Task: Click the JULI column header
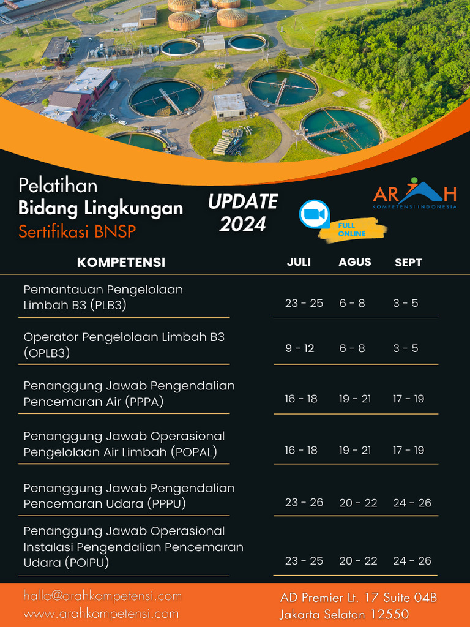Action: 299,262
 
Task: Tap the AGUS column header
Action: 355,262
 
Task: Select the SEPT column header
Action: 408,263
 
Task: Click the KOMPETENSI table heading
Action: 121,263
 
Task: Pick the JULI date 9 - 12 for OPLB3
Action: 299,348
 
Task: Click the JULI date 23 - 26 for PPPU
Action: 304,503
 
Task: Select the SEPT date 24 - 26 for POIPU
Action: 412,561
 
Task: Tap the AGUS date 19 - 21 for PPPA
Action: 355,399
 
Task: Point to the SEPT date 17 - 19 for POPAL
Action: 408,450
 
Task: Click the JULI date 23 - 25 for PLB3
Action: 304,303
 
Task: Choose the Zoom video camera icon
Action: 314,214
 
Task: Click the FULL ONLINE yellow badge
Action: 355,230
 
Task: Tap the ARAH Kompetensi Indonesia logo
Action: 414,193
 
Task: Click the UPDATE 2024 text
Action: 243,212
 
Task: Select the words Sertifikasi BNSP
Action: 77,232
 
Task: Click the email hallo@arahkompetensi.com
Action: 103,596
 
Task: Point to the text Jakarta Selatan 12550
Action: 345,614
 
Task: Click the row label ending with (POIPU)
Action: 133,547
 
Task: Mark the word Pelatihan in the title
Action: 58,185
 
